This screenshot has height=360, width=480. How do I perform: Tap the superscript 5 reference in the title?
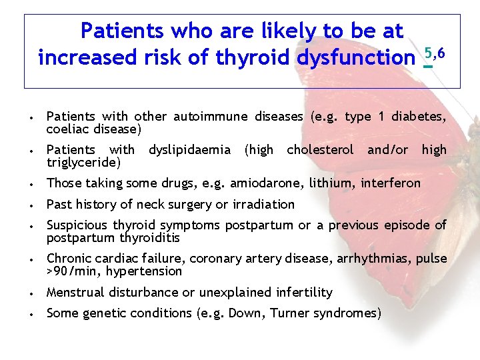[428, 53]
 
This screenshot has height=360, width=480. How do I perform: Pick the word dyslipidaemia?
[189, 150]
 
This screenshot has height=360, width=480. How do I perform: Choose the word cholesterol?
[320, 150]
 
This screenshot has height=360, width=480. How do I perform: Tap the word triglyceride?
[83, 162]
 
